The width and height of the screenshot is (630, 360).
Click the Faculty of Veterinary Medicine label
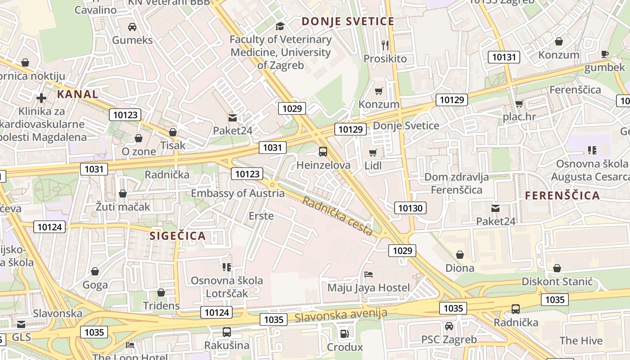pos(280,52)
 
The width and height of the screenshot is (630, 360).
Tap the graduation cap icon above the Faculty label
pos(280,26)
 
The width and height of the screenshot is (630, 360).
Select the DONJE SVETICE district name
pos(348,21)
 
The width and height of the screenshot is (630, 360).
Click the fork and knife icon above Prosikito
pos(385,45)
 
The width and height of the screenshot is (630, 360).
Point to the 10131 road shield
pos(504,57)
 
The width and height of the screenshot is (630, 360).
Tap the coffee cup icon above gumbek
pos(605,54)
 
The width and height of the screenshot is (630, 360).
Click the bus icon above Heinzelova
pos(323,152)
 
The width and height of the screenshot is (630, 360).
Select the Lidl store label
pos(373,166)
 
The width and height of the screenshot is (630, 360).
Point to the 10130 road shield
pos(410,208)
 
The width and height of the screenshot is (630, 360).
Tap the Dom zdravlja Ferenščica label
pos(456,184)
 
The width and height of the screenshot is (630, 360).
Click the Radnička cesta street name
pos(337,216)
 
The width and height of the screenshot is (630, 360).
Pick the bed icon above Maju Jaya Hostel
pos(368,274)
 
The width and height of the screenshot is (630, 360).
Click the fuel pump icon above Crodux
pos(344,333)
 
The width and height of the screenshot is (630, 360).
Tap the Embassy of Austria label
pos(238,193)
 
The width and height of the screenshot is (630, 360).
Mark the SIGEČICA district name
pos(177,236)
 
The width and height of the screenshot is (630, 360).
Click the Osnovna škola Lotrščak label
pos(227,287)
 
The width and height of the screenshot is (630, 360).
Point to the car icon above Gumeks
pos(132,27)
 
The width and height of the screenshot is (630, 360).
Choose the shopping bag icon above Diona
pos(459,255)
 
